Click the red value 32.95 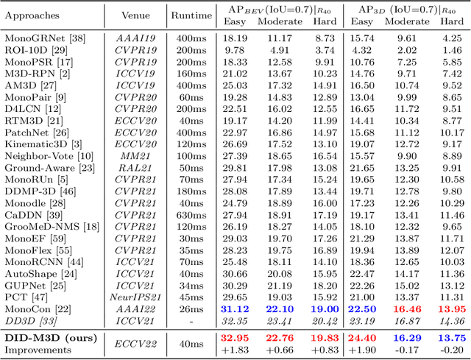click(235, 337)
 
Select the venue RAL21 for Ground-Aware click(136, 167)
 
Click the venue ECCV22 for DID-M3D click(136, 343)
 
